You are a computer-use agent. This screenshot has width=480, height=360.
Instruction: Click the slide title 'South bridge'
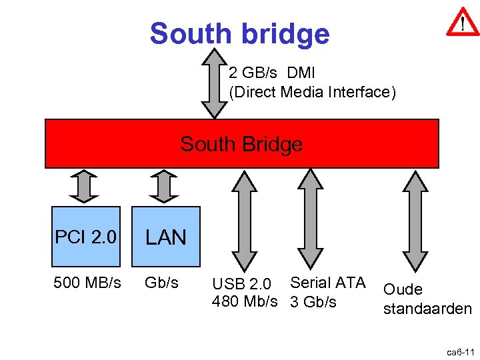(239, 33)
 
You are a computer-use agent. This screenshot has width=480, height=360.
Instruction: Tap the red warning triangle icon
(461, 23)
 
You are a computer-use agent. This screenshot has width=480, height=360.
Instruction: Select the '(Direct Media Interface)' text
(312, 92)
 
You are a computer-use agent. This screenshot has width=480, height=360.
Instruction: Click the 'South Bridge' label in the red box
(241, 144)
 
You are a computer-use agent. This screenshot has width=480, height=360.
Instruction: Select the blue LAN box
(165, 237)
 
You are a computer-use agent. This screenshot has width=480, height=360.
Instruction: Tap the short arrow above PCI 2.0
(84, 186)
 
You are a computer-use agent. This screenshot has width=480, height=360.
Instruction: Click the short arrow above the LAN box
(163, 186)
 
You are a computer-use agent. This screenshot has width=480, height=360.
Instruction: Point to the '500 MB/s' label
(87, 283)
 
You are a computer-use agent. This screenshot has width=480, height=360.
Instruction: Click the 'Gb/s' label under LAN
(162, 283)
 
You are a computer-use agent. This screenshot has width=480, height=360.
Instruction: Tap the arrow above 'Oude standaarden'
(416, 221)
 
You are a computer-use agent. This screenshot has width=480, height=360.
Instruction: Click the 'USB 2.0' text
(241, 285)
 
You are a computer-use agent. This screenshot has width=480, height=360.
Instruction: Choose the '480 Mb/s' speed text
(245, 301)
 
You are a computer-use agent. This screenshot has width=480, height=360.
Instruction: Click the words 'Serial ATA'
(328, 283)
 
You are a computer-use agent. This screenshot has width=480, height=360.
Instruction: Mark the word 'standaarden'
(427, 309)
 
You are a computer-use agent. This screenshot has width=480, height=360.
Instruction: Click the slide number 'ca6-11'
(459, 351)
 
